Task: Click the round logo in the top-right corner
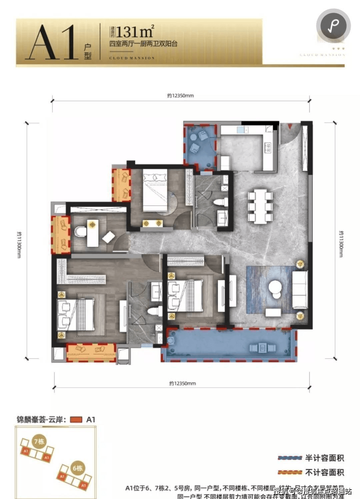333,25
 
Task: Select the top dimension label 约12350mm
180,96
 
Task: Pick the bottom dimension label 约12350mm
182,383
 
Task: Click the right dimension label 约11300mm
341,243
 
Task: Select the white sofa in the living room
299,289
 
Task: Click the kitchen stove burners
267,148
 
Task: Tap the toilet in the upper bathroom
221,202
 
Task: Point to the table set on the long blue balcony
262,348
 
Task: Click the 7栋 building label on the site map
39,442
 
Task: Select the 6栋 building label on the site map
77,468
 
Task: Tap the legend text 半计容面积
324,458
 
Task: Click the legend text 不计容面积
324,472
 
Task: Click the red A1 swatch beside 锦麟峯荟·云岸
76,420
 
